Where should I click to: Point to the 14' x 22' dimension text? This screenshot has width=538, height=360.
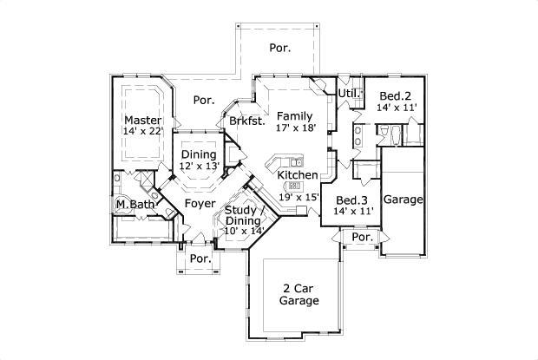(141, 131)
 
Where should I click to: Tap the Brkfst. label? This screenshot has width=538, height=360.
(246, 122)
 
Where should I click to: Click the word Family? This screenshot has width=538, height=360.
(295, 115)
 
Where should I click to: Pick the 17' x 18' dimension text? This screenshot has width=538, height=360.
(295, 127)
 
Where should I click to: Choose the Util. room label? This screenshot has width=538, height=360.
(348, 92)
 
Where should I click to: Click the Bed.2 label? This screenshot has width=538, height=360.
(396, 95)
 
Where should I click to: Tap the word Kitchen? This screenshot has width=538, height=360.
(297, 174)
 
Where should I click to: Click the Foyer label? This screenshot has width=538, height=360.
(200, 204)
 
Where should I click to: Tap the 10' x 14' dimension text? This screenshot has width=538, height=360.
(243, 232)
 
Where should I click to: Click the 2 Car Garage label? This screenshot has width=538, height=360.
(298, 295)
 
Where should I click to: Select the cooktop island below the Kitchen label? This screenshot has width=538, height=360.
(294, 186)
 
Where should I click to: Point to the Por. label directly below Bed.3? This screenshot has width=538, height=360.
(362, 237)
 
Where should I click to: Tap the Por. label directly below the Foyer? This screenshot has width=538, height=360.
(200, 259)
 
